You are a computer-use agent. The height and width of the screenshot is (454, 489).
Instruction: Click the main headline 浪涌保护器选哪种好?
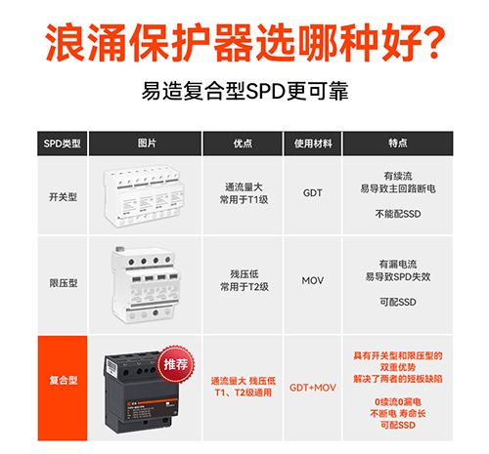tap(244, 44)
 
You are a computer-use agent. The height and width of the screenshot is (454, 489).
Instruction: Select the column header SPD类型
tap(66, 144)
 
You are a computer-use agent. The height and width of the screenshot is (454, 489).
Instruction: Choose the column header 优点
tap(244, 144)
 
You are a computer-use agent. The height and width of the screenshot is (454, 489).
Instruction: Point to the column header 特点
tap(397, 144)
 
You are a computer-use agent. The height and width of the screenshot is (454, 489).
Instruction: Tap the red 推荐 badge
tap(175, 363)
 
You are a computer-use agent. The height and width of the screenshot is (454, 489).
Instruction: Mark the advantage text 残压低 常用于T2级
tap(244, 281)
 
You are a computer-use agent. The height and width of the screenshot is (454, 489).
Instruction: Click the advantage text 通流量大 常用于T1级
tap(244, 193)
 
